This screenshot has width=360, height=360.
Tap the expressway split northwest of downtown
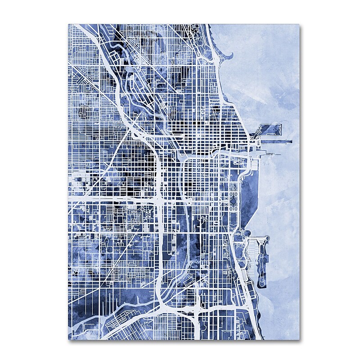tap(135, 130)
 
